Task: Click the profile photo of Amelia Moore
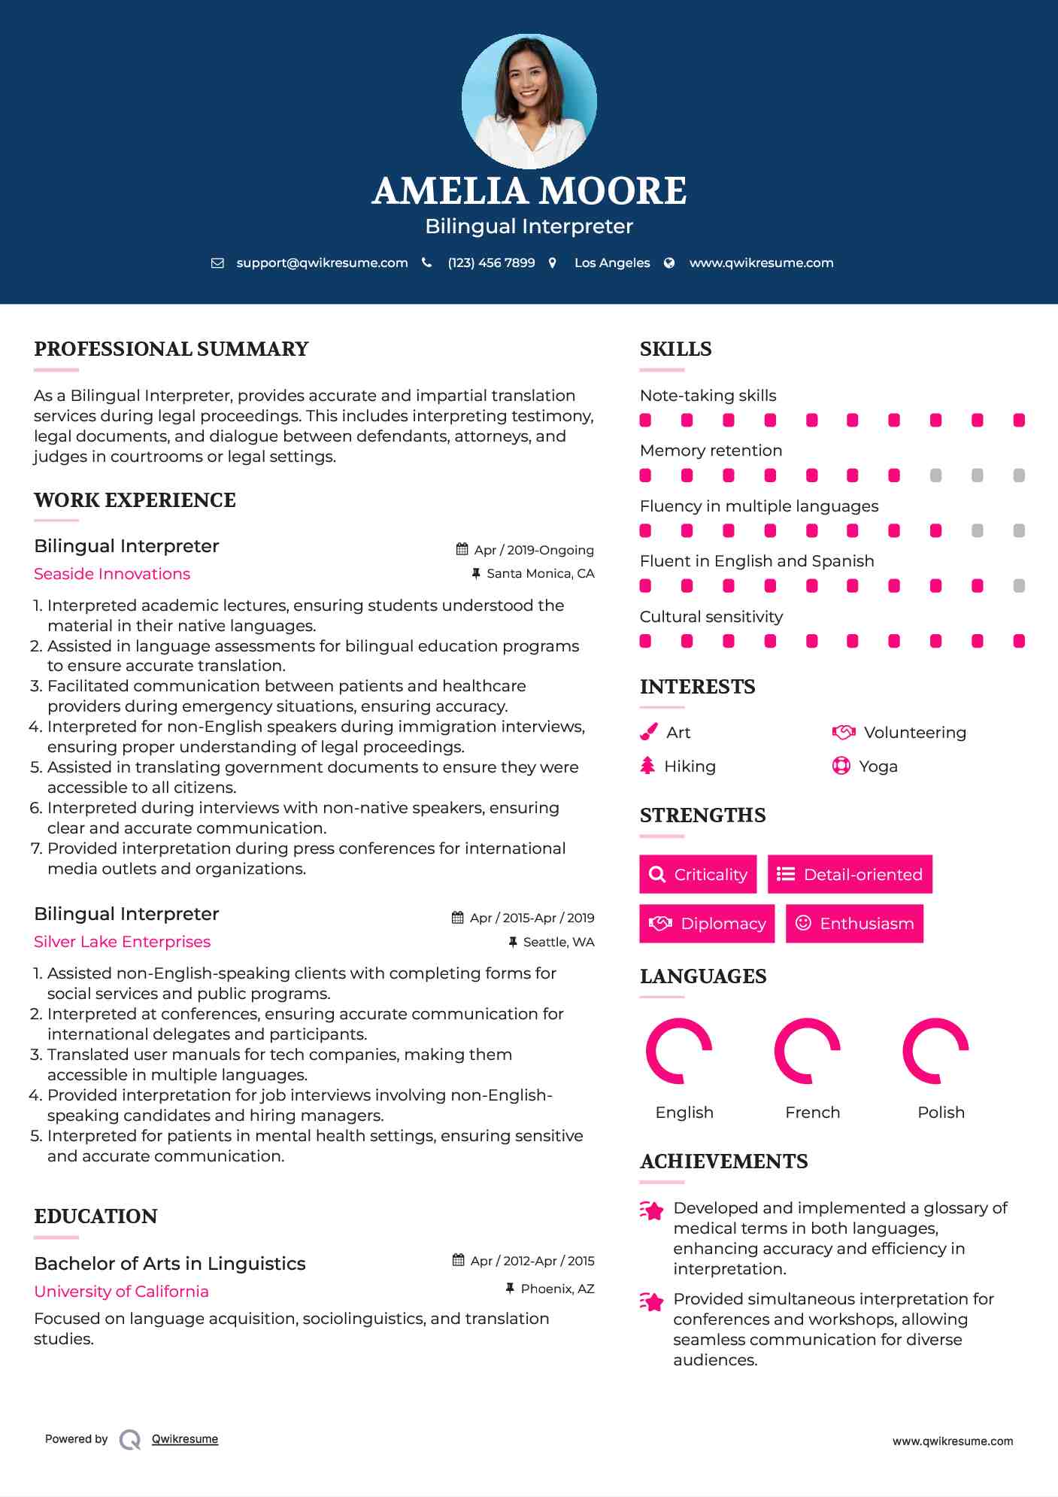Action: (x=529, y=101)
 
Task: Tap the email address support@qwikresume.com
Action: (x=322, y=263)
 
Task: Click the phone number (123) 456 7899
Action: (x=491, y=263)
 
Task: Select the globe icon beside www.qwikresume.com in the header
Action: (x=669, y=263)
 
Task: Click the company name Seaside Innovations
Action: (x=112, y=574)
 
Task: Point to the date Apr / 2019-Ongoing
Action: (x=533, y=550)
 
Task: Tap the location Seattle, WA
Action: (x=558, y=942)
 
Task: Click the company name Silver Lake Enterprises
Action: (x=122, y=942)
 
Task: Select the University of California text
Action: (x=121, y=1292)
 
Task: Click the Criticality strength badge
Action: (x=698, y=874)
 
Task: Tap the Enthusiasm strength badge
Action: (x=854, y=923)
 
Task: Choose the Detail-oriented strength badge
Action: (x=850, y=874)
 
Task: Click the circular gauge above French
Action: (x=808, y=1051)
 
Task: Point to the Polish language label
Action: (x=941, y=1113)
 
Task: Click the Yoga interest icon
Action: (x=841, y=766)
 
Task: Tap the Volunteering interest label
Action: (x=914, y=733)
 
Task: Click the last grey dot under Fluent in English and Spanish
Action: (x=1019, y=586)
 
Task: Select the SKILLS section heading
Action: (x=675, y=349)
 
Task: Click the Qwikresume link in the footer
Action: (x=185, y=1439)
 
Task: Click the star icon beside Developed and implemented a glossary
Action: (x=652, y=1210)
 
